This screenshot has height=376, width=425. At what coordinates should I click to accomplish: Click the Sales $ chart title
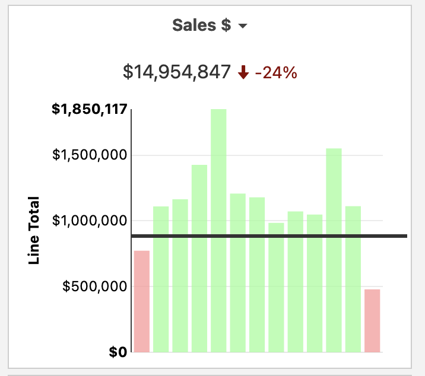coord(201,26)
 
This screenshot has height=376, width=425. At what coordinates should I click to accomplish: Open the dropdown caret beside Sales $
coord(242,27)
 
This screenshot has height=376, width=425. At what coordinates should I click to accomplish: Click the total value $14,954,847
coord(176,72)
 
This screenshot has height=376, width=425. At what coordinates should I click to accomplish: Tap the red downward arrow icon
coord(242,73)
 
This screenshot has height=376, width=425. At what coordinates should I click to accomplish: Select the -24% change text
coord(276,73)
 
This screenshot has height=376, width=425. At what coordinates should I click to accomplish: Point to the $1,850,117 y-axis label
coord(90,110)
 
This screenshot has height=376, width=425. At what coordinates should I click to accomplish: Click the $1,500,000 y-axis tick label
coord(90,155)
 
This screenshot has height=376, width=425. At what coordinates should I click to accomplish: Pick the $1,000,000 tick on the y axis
coord(90,221)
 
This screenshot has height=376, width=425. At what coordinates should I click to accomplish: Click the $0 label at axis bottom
coord(118,352)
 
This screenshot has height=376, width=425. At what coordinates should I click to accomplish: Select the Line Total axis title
coord(34,231)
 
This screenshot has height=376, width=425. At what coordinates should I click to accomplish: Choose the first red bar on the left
coord(142,301)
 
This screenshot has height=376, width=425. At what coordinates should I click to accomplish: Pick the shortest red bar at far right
coord(372,320)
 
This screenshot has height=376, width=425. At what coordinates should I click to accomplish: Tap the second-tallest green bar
coord(334,250)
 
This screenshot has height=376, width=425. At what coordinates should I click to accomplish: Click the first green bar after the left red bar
coord(161,279)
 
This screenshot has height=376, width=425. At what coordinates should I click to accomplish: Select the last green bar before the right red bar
coord(353,279)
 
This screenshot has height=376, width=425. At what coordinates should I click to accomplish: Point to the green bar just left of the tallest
coord(199,258)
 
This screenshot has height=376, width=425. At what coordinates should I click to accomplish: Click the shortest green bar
coord(276,287)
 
